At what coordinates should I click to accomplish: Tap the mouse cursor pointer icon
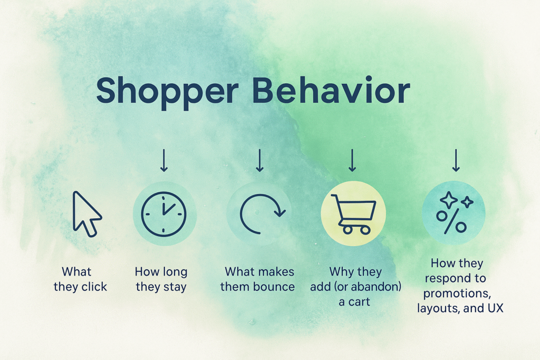coord(86,213)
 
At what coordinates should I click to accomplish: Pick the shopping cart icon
coord(353,213)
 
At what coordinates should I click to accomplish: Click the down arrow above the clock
coord(164,160)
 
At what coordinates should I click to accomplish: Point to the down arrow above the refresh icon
coord(259,160)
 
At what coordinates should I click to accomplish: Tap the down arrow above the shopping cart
coord(352,160)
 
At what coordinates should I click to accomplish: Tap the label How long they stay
coord(161,279)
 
